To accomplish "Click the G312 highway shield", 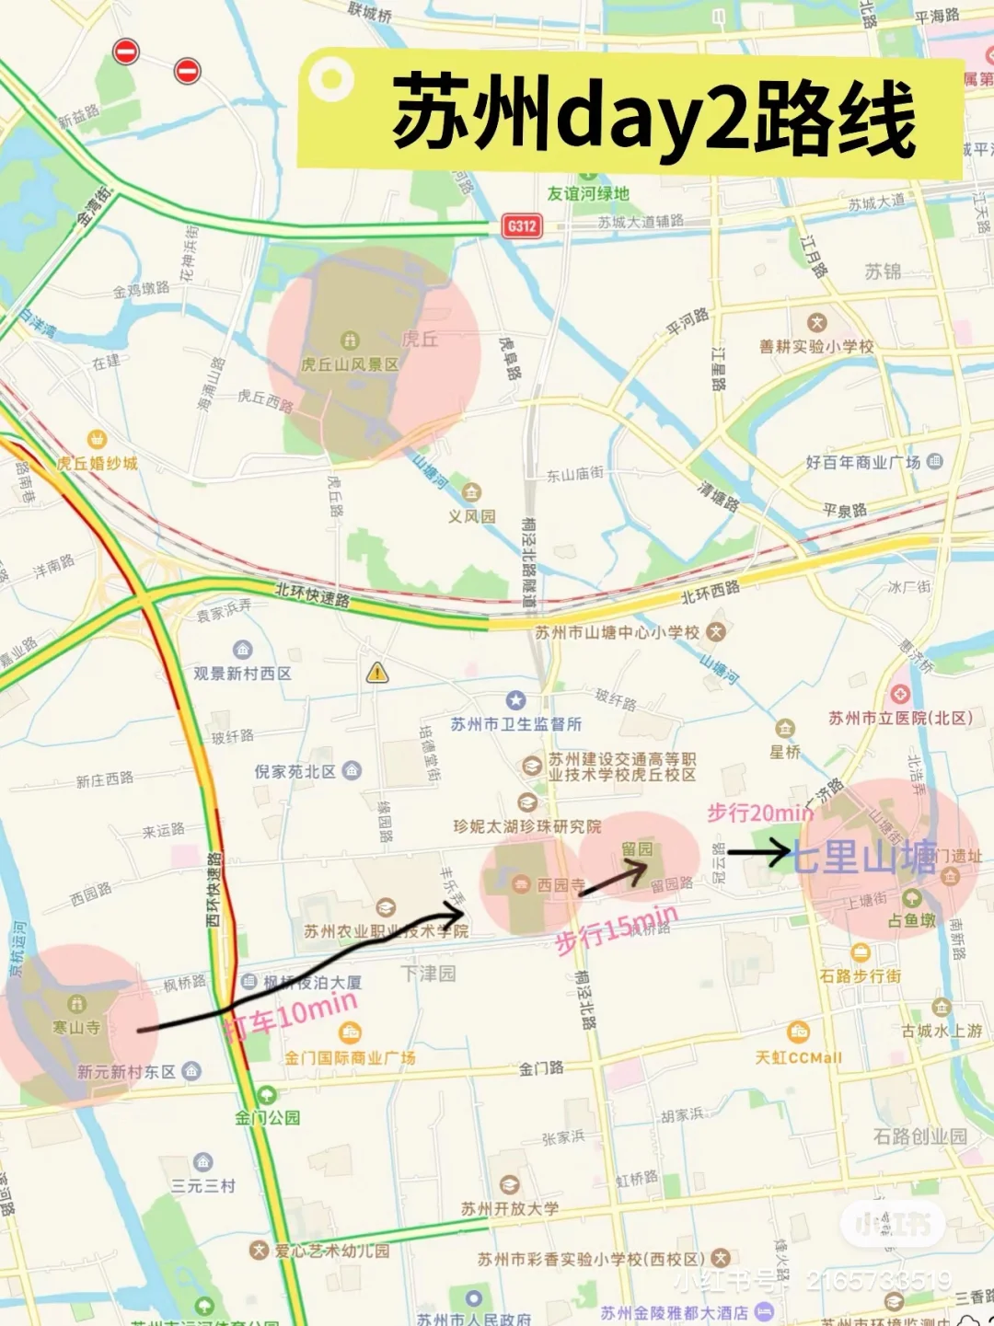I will (x=522, y=225).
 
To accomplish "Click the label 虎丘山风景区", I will (x=350, y=364).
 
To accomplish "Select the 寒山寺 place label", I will (x=76, y=1027).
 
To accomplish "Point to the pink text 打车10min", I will (x=292, y=1016).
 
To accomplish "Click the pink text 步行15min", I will (x=617, y=928).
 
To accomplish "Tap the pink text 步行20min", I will (x=760, y=813).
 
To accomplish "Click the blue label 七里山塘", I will (x=863, y=857).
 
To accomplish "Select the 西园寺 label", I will (x=561, y=884).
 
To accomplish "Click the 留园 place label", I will (x=637, y=848).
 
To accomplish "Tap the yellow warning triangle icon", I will (x=377, y=673).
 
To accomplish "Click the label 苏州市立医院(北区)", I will (x=900, y=718).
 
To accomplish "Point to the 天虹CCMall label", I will (x=798, y=1057).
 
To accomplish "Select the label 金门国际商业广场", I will (x=350, y=1057).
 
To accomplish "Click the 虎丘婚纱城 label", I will (x=97, y=463).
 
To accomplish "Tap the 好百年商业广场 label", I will (x=863, y=462).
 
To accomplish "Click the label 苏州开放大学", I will (x=510, y=1208).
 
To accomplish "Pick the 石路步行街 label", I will (x=861, y=975).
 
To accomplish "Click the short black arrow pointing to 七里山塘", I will (x=758, y=854).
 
